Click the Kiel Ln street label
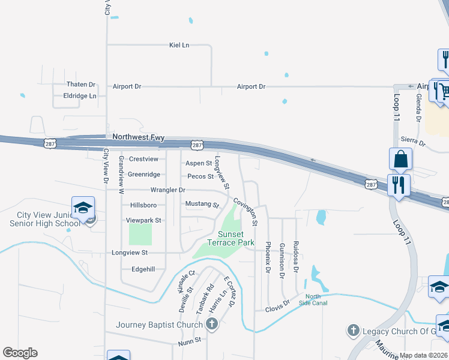[179, 45]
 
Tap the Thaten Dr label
[81, 85]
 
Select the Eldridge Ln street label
[80, 95]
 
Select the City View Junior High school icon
[83, 208]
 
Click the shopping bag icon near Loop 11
[400, 160]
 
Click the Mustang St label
[202, 204]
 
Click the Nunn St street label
[190, 344]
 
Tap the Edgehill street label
[143, 269]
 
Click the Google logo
[20, 353]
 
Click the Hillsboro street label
[143, 205]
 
